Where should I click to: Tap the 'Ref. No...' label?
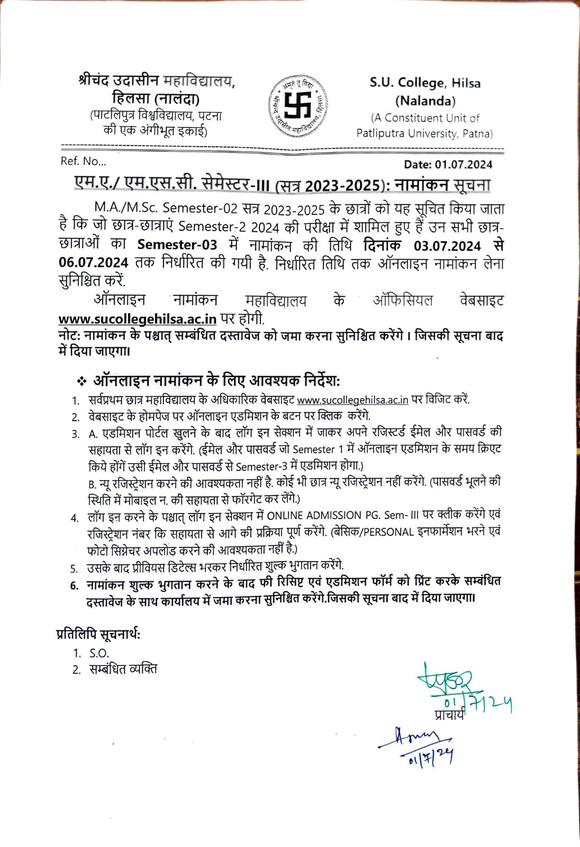(x=83, y=161)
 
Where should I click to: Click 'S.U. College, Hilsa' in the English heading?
(x=425, y=83)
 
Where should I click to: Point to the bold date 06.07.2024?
(x=93, y=263)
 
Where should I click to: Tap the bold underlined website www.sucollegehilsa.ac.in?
(x=137, y=319)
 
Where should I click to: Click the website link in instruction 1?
(x=352, y=400)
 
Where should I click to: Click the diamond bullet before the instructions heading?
(x=81, y=381)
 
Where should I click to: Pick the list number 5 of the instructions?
(x=75, y=569)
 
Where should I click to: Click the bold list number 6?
(x=74, y=585)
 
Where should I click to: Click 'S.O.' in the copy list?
(x=99, y=653)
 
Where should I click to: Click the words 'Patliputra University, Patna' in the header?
(x=424, y=133)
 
